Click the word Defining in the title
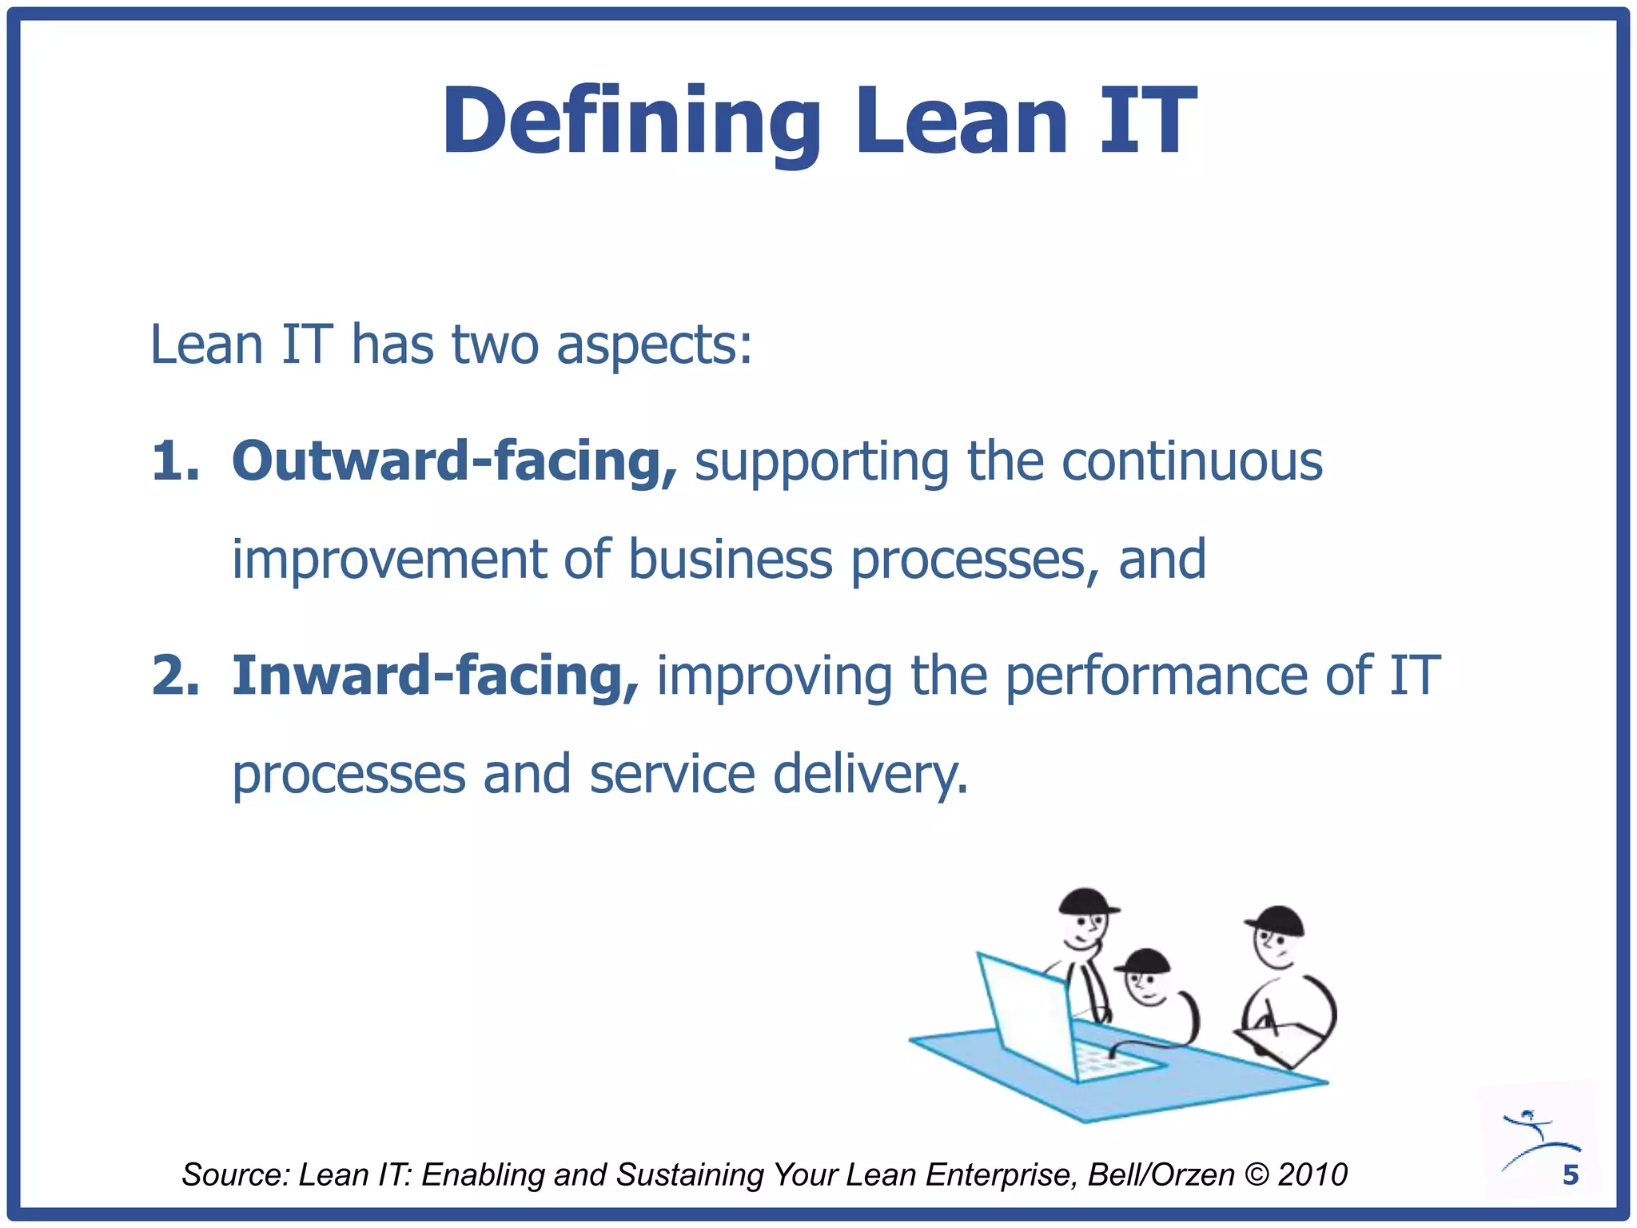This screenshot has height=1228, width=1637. pos(631,122)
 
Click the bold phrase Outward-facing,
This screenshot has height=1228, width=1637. pos(454,461)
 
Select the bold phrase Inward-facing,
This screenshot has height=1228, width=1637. pos(435,676)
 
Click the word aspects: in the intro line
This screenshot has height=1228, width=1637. pos(654,345)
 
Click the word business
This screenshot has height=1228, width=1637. pos(729,559)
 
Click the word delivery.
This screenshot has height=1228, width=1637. pos(870,774)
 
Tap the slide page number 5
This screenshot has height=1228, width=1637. pos(1570,1174)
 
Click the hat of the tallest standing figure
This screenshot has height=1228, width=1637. pos(1086,901)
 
